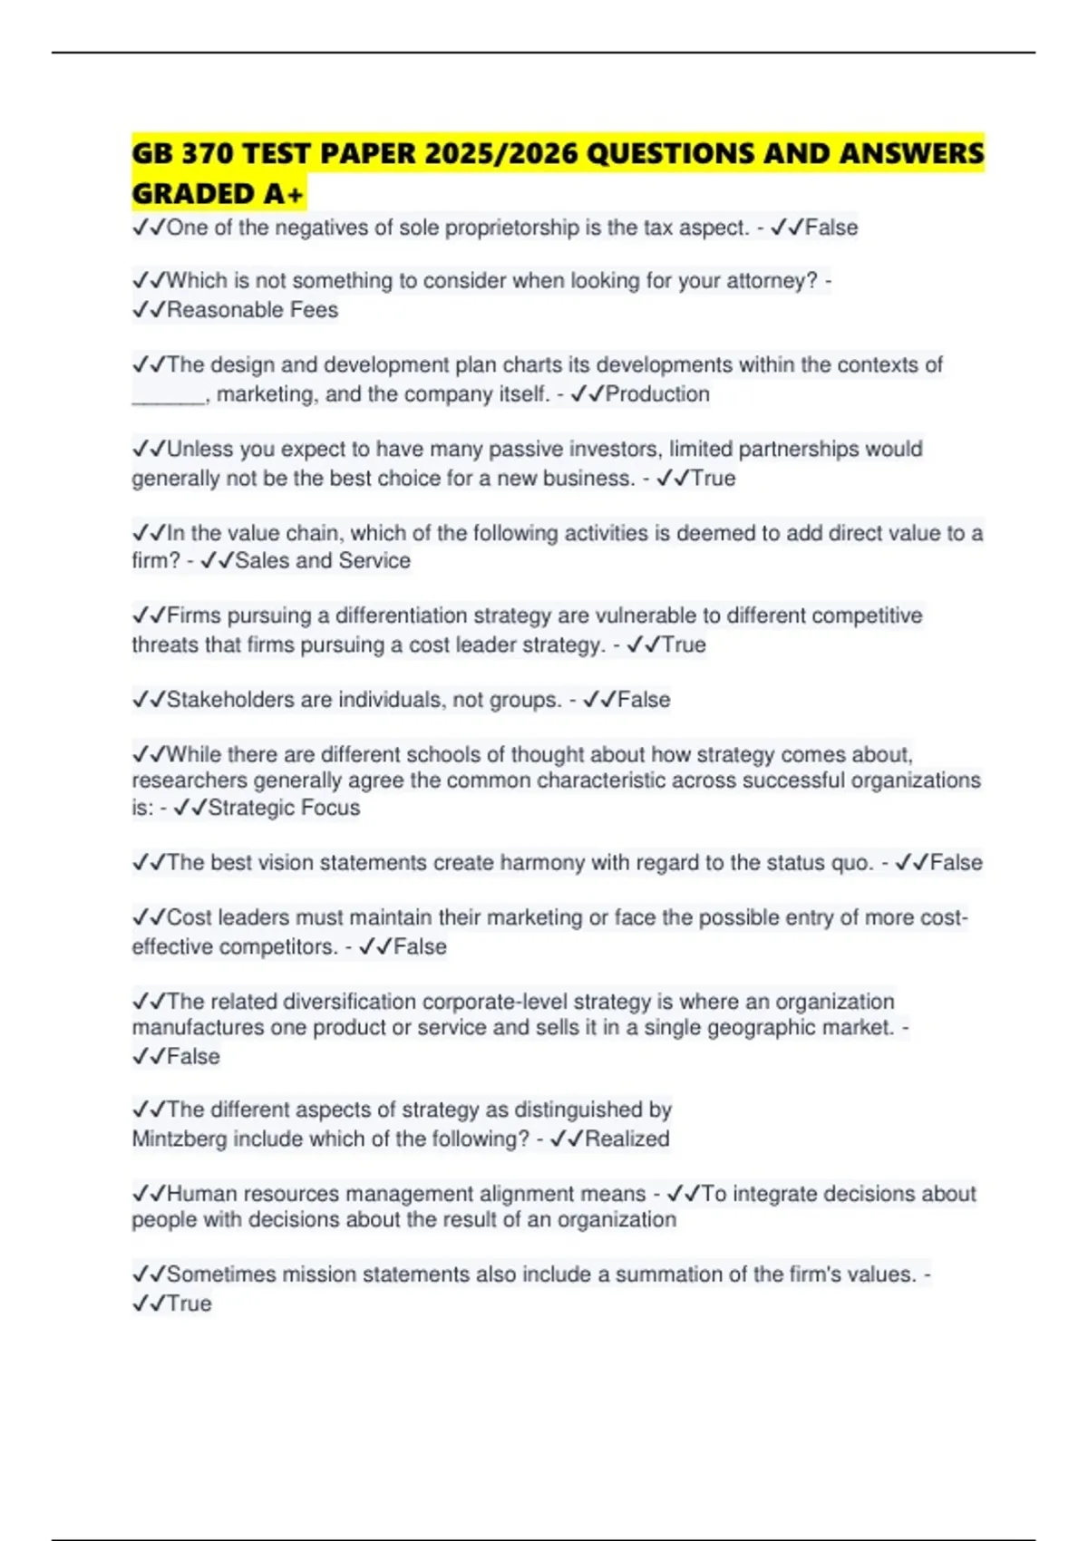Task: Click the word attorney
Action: (772, 281)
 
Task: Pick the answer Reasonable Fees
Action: (252, 310)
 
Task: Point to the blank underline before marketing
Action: (169, 395)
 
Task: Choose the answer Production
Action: (657, 394)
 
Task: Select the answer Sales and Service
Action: (323, 561)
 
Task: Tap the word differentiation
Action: (399, 616)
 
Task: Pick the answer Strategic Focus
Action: (284, 808)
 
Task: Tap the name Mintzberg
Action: (179, 1139)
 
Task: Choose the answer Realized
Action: (627, 1139)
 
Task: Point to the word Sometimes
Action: (219, 1274)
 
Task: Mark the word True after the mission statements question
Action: (189, 1304)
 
